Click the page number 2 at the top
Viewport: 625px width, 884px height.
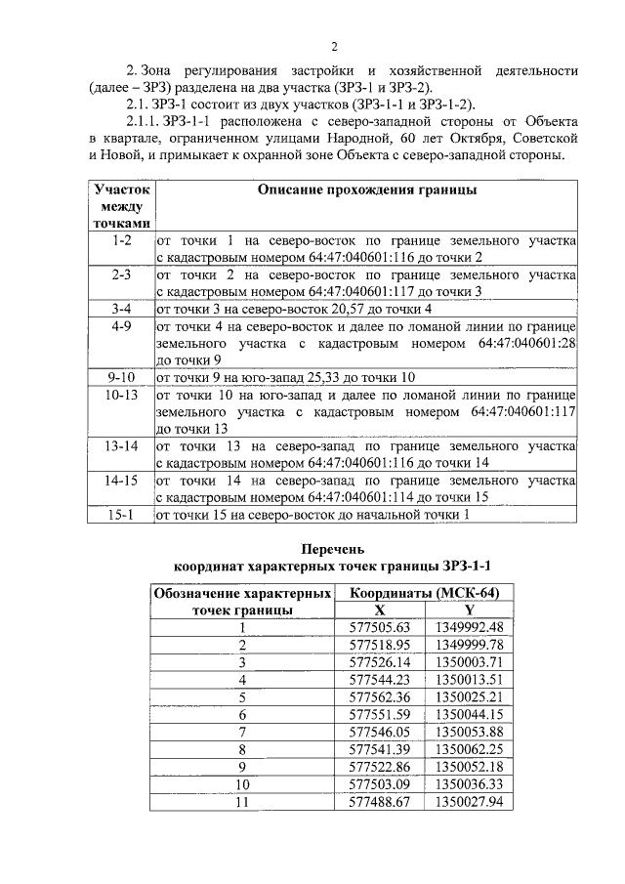(333, 46)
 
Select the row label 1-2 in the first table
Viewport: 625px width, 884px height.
(122, 239)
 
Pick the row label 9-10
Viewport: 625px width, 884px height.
(122, 377)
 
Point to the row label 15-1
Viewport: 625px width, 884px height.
(122, 515)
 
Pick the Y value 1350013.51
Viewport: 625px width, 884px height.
(469, 679)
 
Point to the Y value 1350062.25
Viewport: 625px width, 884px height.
(469, 749)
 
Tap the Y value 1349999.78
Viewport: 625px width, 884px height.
(469, 644)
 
